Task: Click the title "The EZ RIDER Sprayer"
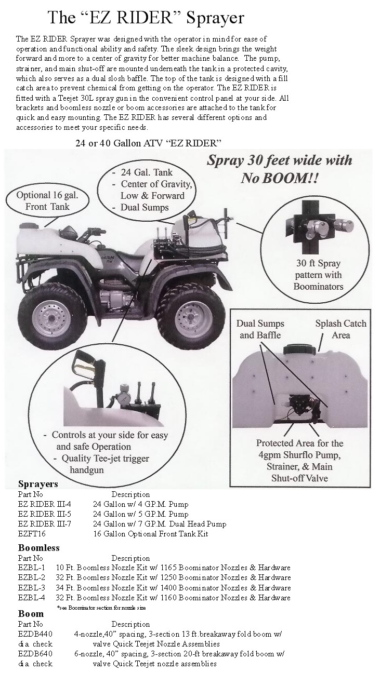(x=146, y=18)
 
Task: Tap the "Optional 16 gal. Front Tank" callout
(x=47, y=201)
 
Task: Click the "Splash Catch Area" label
(x=340, y=329)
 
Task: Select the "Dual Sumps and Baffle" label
(x=260, y=329)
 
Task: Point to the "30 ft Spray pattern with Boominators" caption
(x=318, y=275)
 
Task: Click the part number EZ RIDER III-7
(x=45, y=523)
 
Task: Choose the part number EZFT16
(x=32, y=534)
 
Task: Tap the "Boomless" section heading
(x=39, y=547)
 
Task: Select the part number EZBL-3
(x=31, y=587)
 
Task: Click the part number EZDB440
(x=35, y=634)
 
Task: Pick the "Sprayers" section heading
(x=38, y=484)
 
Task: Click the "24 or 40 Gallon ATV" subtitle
(x=148, y=143)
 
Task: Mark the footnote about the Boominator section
(x=101, y=608)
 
